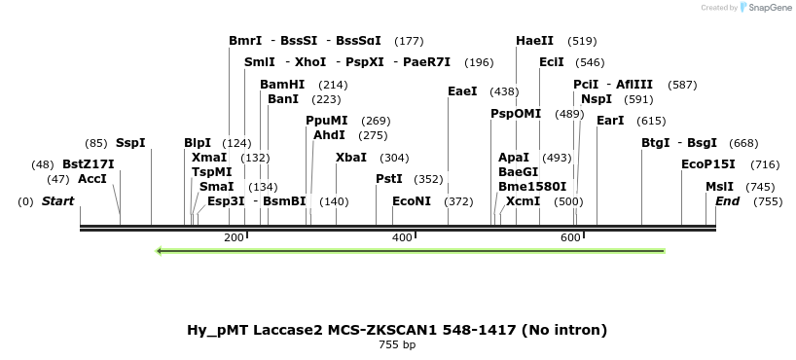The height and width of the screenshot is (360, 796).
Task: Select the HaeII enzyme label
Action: coord(534,41)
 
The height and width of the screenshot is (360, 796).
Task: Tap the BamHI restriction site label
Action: coord(282,85)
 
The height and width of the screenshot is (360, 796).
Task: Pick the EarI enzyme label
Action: coord(610,121)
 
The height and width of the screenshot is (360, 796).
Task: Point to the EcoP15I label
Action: coord(708,163)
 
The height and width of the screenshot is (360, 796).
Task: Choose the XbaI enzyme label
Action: coord(351,157)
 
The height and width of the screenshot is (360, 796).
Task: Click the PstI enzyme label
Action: coord(389,178)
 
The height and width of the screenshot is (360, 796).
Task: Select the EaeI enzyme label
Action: coord(462,91)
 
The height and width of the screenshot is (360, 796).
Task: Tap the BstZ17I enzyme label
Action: coord(89,163)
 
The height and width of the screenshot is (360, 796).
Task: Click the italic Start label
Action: coord(57,200)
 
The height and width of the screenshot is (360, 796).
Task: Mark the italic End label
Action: coord(727,200)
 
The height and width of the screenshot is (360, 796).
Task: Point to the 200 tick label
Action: coord(234,237)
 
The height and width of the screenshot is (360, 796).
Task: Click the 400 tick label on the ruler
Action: coord(402,237)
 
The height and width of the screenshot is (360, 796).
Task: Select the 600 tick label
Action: coord(570,237)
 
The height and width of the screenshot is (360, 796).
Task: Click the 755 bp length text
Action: coord(397,344)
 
